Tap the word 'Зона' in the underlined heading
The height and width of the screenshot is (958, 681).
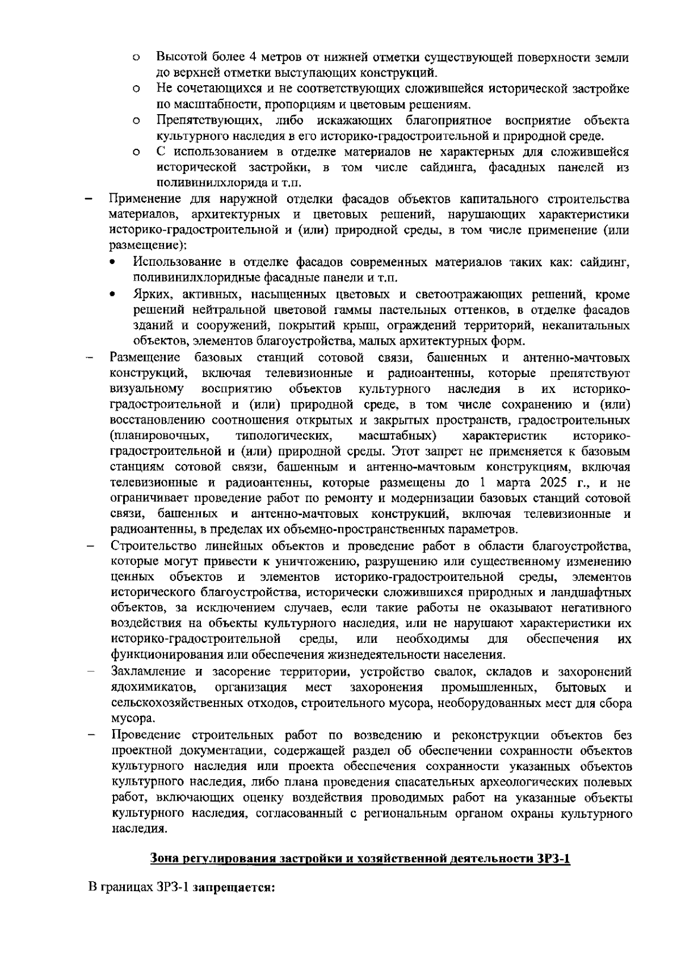coord(164,859)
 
